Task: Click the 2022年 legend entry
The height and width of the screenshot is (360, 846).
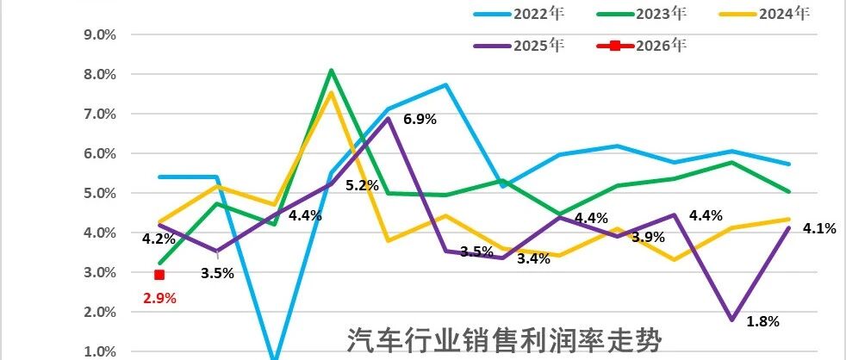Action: (x=519, y=15)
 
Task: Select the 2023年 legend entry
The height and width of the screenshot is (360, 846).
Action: (x=642, y=15)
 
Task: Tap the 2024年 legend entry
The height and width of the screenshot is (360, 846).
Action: (x=765, y=15)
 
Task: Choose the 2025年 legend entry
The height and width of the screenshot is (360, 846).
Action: (x=519, y=46)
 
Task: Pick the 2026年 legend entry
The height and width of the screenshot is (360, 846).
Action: (x=642, y=46)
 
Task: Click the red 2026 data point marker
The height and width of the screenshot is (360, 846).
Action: (x=159, y=275)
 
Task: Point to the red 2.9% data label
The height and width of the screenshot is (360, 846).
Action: (x=159, y=298)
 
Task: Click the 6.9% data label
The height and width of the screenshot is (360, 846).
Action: (x=420, y=119)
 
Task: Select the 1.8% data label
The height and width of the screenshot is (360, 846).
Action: (x=763, y=322)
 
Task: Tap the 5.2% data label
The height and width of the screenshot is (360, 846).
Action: (x=362, y=186)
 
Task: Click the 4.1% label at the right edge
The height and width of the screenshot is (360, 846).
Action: (x=819, y=228)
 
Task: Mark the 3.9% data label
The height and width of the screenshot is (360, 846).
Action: (x=648, y=237)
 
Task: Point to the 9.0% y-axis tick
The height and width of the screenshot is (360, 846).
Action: (x=100, y=34)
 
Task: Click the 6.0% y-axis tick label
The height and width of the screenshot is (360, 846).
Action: (x=100, y=154)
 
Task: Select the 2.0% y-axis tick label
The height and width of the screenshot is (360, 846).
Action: (x=100, y=313)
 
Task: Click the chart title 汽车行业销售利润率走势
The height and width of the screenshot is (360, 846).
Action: (x=504, y=340)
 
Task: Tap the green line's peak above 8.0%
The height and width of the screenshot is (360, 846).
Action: (x=331, y=70)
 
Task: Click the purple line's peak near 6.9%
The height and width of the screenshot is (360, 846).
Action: (x=388, y=118)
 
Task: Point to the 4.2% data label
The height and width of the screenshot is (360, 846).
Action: (x=159, y=239)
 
